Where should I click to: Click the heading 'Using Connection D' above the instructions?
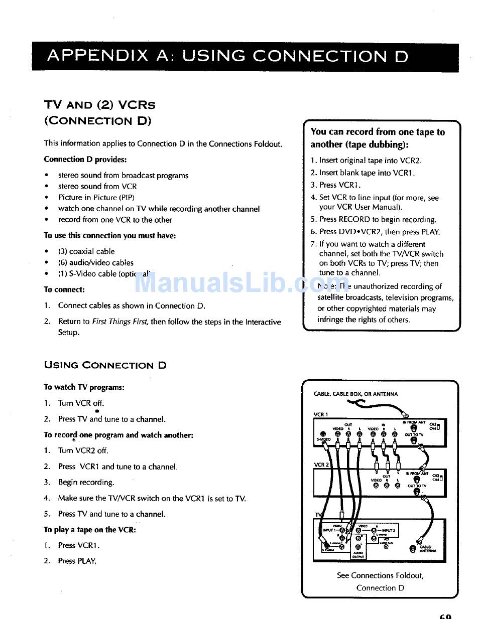tap(105, 365)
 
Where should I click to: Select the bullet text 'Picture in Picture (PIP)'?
tap(96, 198)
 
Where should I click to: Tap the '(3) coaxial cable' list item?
tap(86, 251)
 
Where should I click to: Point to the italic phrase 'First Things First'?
tap(120, 322)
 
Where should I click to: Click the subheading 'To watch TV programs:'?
tap(84, 387)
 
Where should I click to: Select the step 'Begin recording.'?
tap(86, 482)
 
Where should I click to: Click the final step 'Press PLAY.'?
tap(77, 561)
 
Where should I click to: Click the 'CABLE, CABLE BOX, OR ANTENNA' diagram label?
tap(355, 394)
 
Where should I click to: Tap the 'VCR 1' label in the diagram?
tap(321, 414)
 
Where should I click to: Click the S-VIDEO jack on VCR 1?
tap(323, 434)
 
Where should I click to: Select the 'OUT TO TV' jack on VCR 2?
tap(416, 492)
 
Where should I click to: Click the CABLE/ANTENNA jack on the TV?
tap(413, 549)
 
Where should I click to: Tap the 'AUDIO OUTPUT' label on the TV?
tap(358, 554)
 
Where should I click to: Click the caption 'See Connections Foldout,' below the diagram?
tap(380, 575)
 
